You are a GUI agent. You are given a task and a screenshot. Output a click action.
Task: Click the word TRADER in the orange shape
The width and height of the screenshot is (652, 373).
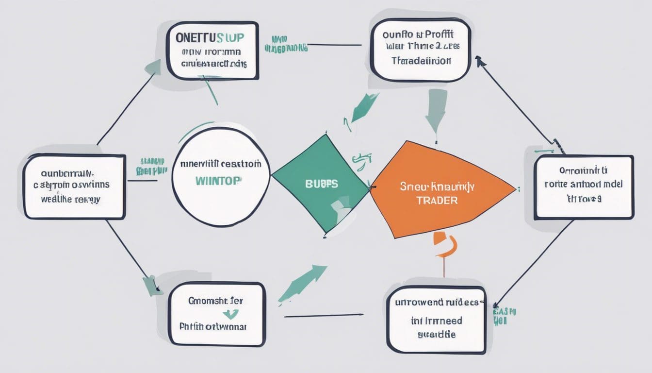click(437, 200)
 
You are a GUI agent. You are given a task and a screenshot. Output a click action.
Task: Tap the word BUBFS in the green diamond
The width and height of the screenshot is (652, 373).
click(318, 185)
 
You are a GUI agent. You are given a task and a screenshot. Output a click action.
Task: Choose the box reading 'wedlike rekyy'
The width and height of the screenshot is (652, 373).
click(74, 186)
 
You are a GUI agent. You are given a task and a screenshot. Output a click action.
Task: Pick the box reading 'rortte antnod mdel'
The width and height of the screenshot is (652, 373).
click(584, 187)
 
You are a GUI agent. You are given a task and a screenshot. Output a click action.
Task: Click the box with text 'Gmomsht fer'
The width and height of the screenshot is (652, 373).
click(216, 314)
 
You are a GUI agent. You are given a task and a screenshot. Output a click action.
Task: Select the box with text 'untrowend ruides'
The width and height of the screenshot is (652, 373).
click(436, 318)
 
